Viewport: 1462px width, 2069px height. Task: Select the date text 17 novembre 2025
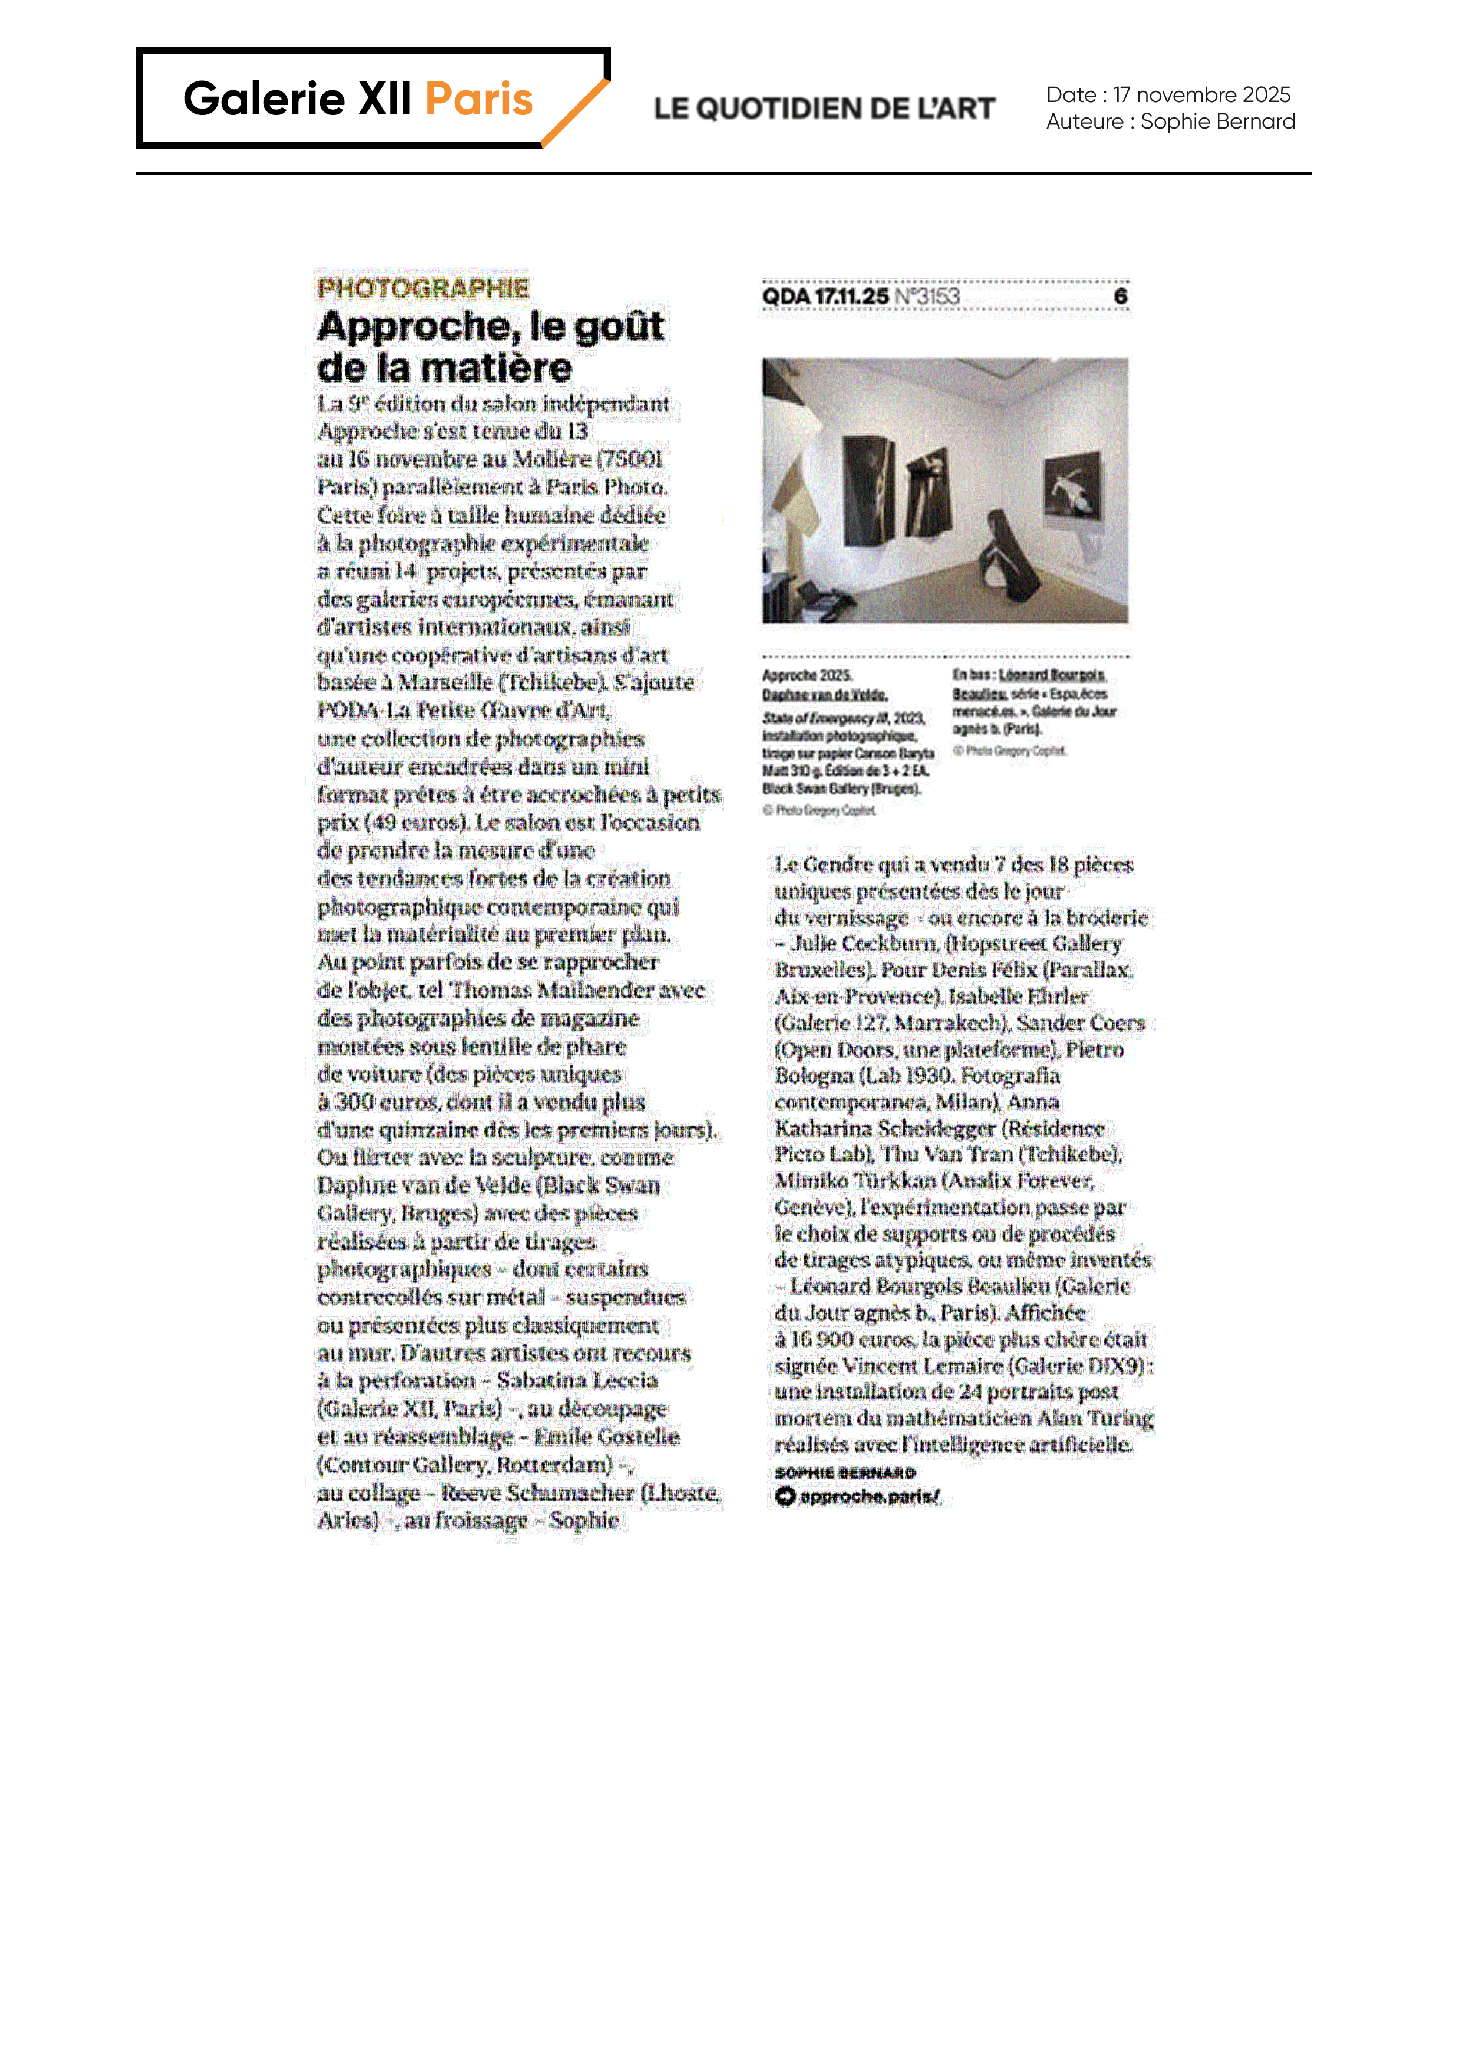click(x=1201, y=94)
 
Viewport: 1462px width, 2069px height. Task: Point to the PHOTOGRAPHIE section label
click(x=423, y=288)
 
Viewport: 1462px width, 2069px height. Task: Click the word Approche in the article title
click(x=417, y=326)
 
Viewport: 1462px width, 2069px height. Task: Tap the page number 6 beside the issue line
click(x=1119, y=297)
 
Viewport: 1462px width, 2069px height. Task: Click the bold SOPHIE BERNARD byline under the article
click(x=845, y=1473)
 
